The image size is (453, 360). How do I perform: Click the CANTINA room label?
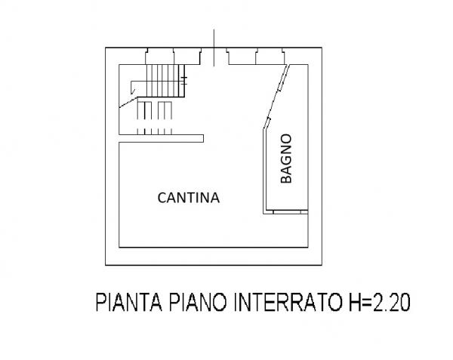click(188, 198)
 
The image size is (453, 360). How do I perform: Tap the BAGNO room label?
click(286, 158)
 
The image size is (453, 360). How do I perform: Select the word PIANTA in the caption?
click(128, 302)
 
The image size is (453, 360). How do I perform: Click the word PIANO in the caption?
click(198, 302)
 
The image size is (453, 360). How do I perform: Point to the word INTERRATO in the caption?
click(287, 302)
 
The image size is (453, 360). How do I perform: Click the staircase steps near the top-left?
click(165, 81)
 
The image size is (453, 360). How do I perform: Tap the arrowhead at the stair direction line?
click(133, 91)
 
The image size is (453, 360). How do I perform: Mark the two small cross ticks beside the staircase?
click(184, 81)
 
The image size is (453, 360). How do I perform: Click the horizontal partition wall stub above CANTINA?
click(162, 139)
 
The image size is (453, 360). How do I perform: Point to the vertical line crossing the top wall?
click(214, 48)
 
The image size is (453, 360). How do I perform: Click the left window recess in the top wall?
click(174, 57)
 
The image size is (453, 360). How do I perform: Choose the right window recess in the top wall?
click(256, 57)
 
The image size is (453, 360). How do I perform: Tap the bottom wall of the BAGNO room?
click(285, 212)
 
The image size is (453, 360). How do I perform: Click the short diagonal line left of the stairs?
click(128, 103)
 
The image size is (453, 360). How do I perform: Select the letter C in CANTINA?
click(162, 198)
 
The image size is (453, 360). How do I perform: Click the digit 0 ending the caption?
click(405, 302)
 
